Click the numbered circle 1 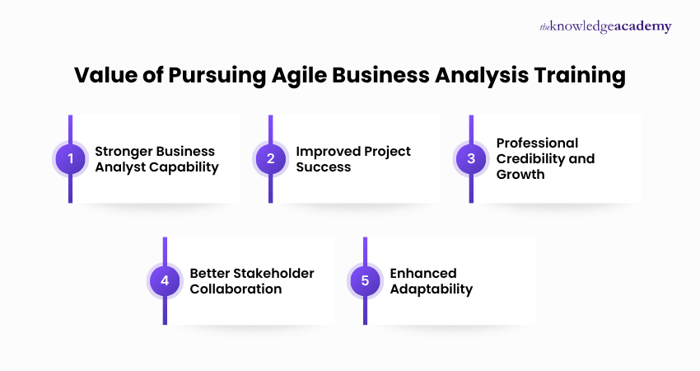pos(70,159)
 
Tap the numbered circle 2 pos(271,159)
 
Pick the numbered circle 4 pos(165,280)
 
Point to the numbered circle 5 pos(365,280)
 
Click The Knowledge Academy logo pos(605,26)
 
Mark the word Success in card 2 pos(324,167)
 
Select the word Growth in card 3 pos(520,174)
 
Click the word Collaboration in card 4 pos(236,289)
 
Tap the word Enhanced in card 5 pos(423,273)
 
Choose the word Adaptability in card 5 pos(432,289)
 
